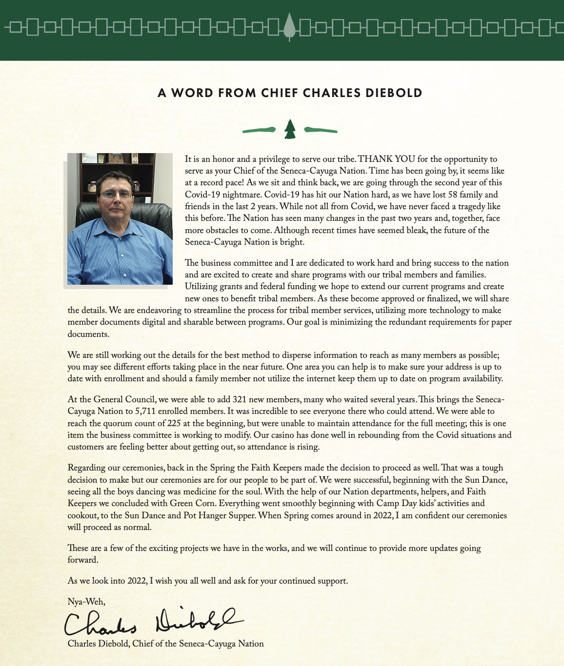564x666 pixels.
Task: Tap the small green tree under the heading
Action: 290,129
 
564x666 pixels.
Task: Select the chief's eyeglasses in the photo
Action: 116,195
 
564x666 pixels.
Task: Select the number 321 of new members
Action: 242,399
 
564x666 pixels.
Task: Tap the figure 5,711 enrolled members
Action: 145,411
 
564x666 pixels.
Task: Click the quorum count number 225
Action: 175,423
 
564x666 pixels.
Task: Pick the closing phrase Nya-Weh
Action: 86,602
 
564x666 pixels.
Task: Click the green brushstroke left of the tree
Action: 259,130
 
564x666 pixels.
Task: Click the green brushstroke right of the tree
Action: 321,130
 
